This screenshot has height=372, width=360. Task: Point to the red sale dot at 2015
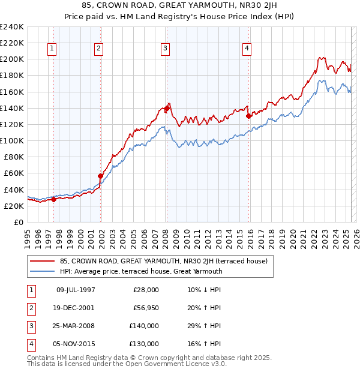tap(248, 116)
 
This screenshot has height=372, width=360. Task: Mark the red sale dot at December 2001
tap(101, 176)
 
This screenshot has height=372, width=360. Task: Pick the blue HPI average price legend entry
tap(141, 271)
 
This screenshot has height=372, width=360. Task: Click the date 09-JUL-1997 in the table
tap(76, 290)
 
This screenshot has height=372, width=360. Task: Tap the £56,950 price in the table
tap(146, 308)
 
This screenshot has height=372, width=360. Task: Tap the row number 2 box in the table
tap(31, 308)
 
